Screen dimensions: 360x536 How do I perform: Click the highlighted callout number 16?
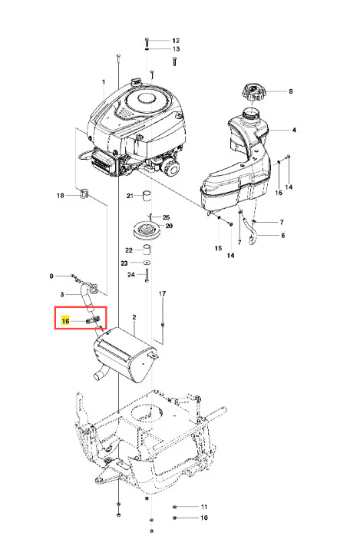(65, 321)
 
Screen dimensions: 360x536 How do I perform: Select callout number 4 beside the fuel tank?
(294, 130)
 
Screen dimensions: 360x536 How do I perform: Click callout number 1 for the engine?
(104, 82)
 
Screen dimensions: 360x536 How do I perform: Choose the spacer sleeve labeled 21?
(147, 196)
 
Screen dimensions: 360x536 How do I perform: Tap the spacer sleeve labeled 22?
(147, 250)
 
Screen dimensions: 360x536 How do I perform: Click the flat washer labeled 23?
(146, 263)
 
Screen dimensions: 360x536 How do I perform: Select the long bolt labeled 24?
(147, 276)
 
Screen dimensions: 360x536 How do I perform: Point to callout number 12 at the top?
(176, 41)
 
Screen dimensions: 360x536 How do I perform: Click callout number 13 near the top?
(176, 49)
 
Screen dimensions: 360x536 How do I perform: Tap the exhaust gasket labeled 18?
(84, 194)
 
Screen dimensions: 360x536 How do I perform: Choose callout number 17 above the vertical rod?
(162, 293)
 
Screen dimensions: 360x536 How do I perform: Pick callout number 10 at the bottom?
(204, 518)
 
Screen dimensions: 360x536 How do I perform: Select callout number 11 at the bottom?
(204, 507)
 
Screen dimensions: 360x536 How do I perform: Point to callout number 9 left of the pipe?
(51, 276)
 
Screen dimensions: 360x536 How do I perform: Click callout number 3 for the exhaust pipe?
(62, 294)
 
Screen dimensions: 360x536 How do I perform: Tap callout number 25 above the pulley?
(166, 217)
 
